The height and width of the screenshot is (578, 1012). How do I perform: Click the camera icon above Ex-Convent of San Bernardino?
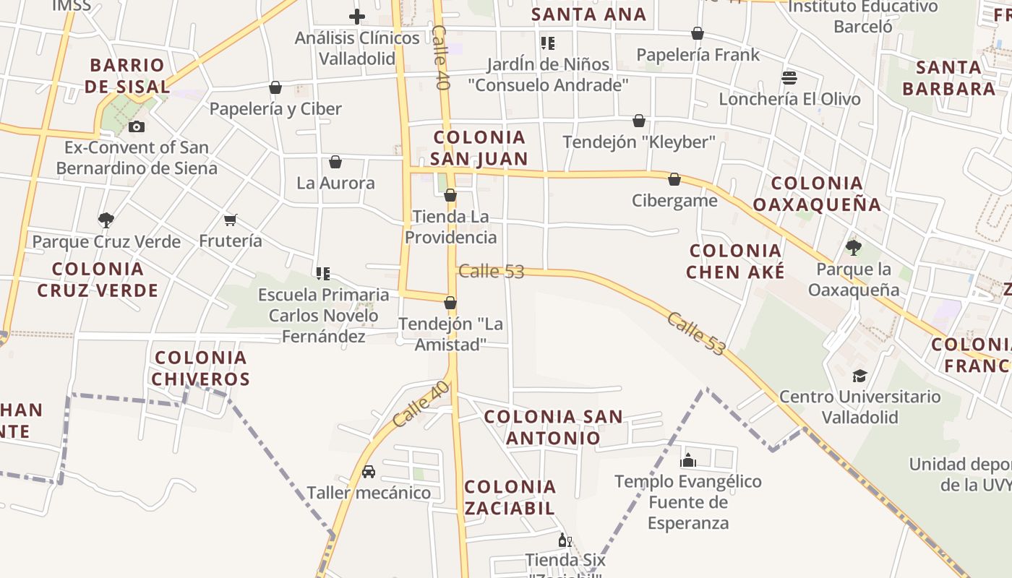click(136, 127)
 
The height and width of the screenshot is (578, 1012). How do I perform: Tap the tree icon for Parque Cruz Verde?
click(106, 220)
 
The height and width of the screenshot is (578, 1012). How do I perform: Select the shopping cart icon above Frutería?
click(231, 220)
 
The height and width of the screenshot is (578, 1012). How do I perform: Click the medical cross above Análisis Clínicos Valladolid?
click(356, 17)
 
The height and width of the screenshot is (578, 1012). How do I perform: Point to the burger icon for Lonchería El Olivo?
click(789, 77)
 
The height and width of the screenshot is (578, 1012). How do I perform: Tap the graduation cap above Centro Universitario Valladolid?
click(859, 376)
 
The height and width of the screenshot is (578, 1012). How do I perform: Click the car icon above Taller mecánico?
click(368, 472)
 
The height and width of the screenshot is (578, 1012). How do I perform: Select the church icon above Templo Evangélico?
click(687, 460)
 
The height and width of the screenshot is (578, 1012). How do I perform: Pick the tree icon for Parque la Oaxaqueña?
click(853, 248)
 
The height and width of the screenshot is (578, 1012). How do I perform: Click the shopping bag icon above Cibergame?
click(674, 179)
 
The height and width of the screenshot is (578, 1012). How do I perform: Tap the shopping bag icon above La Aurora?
click(335, 162)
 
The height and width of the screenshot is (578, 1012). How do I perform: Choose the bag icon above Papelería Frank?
click(698, 33)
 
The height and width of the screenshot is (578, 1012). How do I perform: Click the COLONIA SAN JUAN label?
click(479, 147)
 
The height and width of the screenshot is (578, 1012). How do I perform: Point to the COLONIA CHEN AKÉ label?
click(735, 261)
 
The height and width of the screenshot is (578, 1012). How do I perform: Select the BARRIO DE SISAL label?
click(127, 76)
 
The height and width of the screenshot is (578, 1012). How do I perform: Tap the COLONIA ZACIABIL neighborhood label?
click(510, 496)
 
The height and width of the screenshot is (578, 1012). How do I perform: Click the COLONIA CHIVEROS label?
click(201, 368)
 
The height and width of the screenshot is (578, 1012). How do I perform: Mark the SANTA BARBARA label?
click(949, 78)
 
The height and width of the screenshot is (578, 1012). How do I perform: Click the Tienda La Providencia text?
click(450, 227)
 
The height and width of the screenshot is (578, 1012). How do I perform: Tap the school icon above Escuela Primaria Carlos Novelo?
click(323, 274)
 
